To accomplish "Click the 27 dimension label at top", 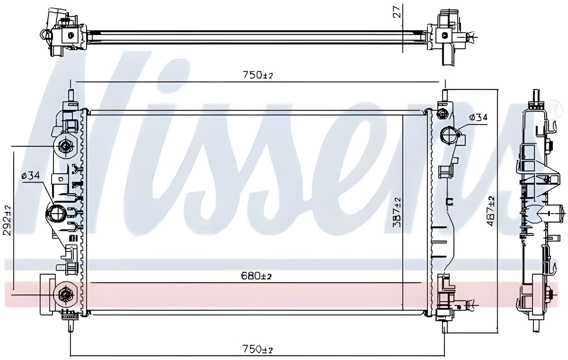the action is [x=398, y=11].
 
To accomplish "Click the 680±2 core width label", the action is [x=256, y=276].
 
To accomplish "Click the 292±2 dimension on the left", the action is [x=8, y=220].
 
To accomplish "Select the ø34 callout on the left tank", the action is [x=30, y=176].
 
